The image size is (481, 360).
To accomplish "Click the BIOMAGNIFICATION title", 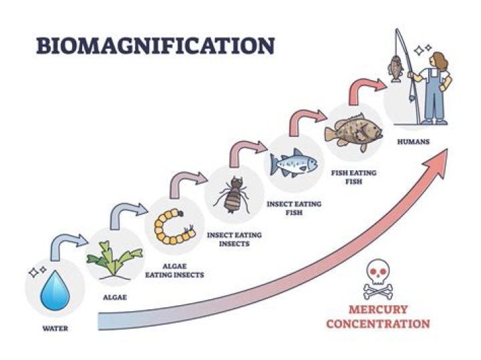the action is pyautogui.click(x=155, y=45).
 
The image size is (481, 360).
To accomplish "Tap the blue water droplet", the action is pyautogui.click(x=55, y=290).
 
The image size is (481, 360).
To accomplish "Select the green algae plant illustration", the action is pyautogui.click(x=115, y=260).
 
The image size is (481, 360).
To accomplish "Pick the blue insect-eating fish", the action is pyautogui.click(x=293, y=163).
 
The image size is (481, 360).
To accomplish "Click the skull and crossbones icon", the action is pyautogui.click(x=378, y=279).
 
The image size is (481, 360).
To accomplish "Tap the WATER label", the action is pyautogui.click(x=55, y=329).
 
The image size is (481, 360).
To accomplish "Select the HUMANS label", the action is pyautogui.click(x=414, y=142).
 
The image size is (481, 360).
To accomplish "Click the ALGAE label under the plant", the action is pyautogui.click(x=115, y=297).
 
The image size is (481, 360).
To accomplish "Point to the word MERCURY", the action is pyautogui.click(x=378, y=309).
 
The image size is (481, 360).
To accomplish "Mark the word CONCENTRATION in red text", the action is pyautogui.click(x=378, y=323).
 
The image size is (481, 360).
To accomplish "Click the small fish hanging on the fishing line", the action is pyautogui.click(x=395, y=68).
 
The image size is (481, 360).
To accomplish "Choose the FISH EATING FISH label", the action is pyautogui.click(x=353, y=177).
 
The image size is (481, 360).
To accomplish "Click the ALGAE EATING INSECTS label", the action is pyautogui.click(x=174, y=271).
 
